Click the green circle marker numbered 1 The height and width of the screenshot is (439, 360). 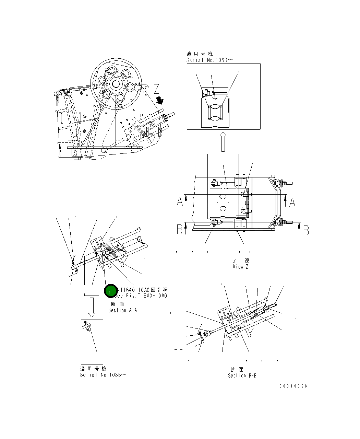(110, 291)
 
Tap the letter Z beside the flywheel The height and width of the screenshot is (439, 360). (156, 90)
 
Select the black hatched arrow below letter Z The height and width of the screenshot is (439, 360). (160, 100)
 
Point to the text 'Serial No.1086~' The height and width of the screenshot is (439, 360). (103, 375)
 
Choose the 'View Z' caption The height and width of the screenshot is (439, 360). (240, 267)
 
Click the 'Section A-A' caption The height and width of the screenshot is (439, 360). (122, 310)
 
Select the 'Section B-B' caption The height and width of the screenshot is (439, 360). (242, 376)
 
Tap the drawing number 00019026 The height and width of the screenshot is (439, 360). (293, 386)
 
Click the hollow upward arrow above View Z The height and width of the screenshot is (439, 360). (223, 142)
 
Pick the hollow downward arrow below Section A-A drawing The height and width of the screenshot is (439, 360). (92, 307)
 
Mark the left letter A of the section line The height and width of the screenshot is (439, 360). (180, 202)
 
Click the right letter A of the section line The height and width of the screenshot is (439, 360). (292, 202)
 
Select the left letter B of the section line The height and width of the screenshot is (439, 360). (180, 230)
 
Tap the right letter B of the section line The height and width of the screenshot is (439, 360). (306, 230)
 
